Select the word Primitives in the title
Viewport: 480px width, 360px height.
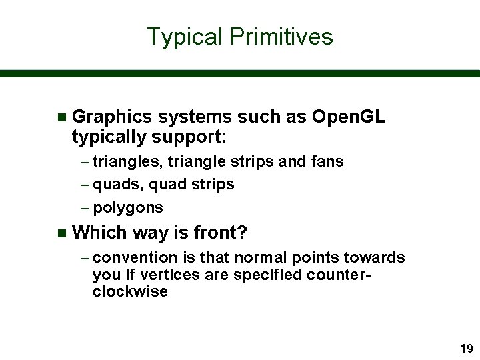tap(281, 37)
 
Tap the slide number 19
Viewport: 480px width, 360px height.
tap(465, 348)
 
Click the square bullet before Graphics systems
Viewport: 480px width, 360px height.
tap(62, 118)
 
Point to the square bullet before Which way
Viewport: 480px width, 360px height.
tap(62, 233)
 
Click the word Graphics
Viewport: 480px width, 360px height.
tap(113, 117)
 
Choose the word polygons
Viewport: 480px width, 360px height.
tap(128, 208)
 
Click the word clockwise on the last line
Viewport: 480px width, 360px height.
tap(131, 292)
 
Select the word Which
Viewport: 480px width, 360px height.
tap(99, 233)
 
